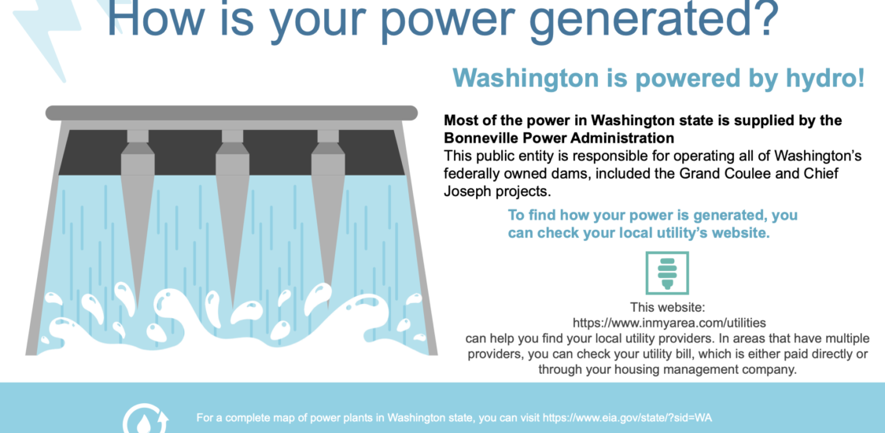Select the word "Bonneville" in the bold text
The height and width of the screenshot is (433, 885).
pos(477,138)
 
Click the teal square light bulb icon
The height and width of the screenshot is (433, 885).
pos(667,273)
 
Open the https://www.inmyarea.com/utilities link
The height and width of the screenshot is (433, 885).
pos(669,324)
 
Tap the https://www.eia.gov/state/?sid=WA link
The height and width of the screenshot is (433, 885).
pos(631,418)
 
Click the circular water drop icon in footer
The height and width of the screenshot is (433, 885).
pos(146,420)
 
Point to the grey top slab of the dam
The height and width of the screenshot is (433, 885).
pos(231,113)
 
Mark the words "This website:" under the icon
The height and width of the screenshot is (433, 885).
pos(668,309)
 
